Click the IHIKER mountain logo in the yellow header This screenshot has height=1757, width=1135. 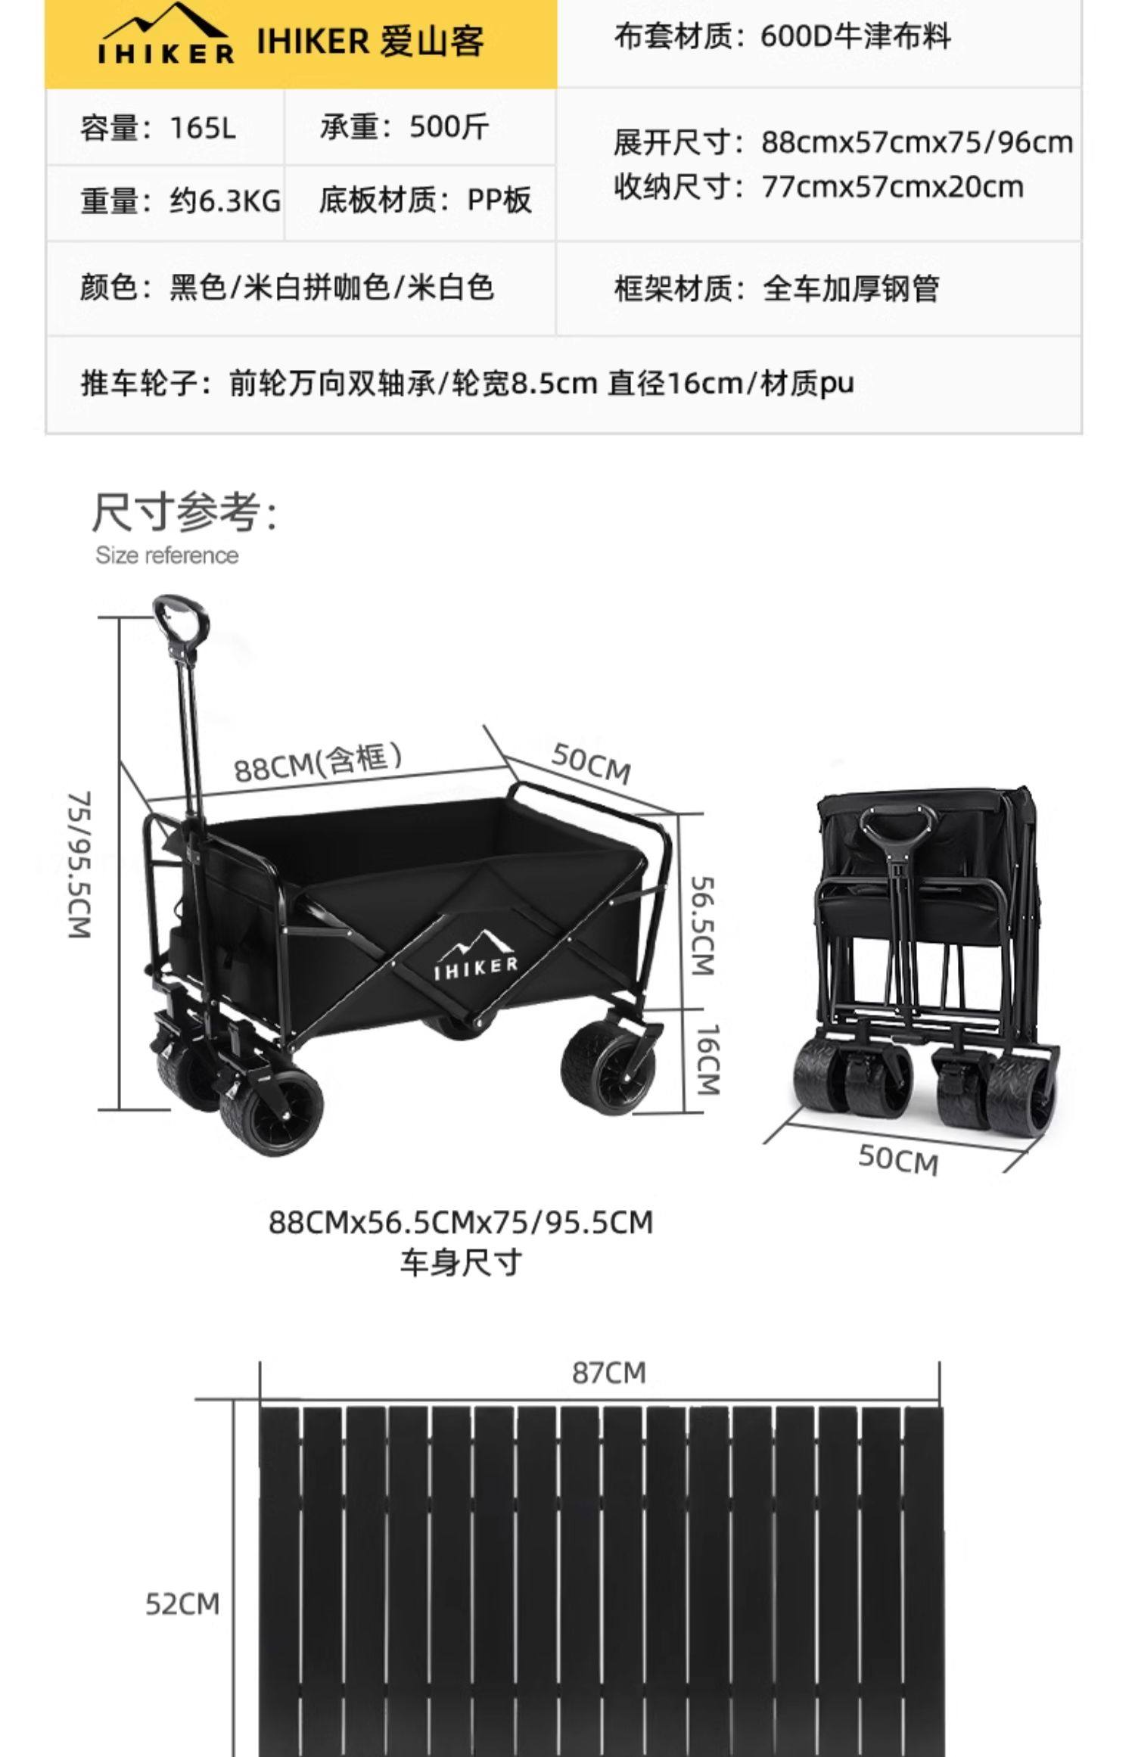point(166,35)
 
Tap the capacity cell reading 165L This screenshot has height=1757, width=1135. point(158,128)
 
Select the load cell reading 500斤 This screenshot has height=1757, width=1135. point(404,127)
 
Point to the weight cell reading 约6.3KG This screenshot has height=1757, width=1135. point(180,201)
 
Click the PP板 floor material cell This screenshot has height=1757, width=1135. point(424,201)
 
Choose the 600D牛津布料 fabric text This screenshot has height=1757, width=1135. point(782,36)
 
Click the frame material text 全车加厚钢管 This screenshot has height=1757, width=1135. point(776,288)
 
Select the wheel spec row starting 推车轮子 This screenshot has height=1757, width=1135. point(467,384)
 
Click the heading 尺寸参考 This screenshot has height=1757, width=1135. point(185,512)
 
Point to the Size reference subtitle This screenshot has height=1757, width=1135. point(166,555)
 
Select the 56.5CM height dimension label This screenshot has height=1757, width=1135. point(704,925)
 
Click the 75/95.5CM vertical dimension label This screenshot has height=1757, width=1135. point(80,865)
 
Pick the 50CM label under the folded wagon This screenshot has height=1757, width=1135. point(898,1158)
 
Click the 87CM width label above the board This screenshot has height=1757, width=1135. point(609,1373)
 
